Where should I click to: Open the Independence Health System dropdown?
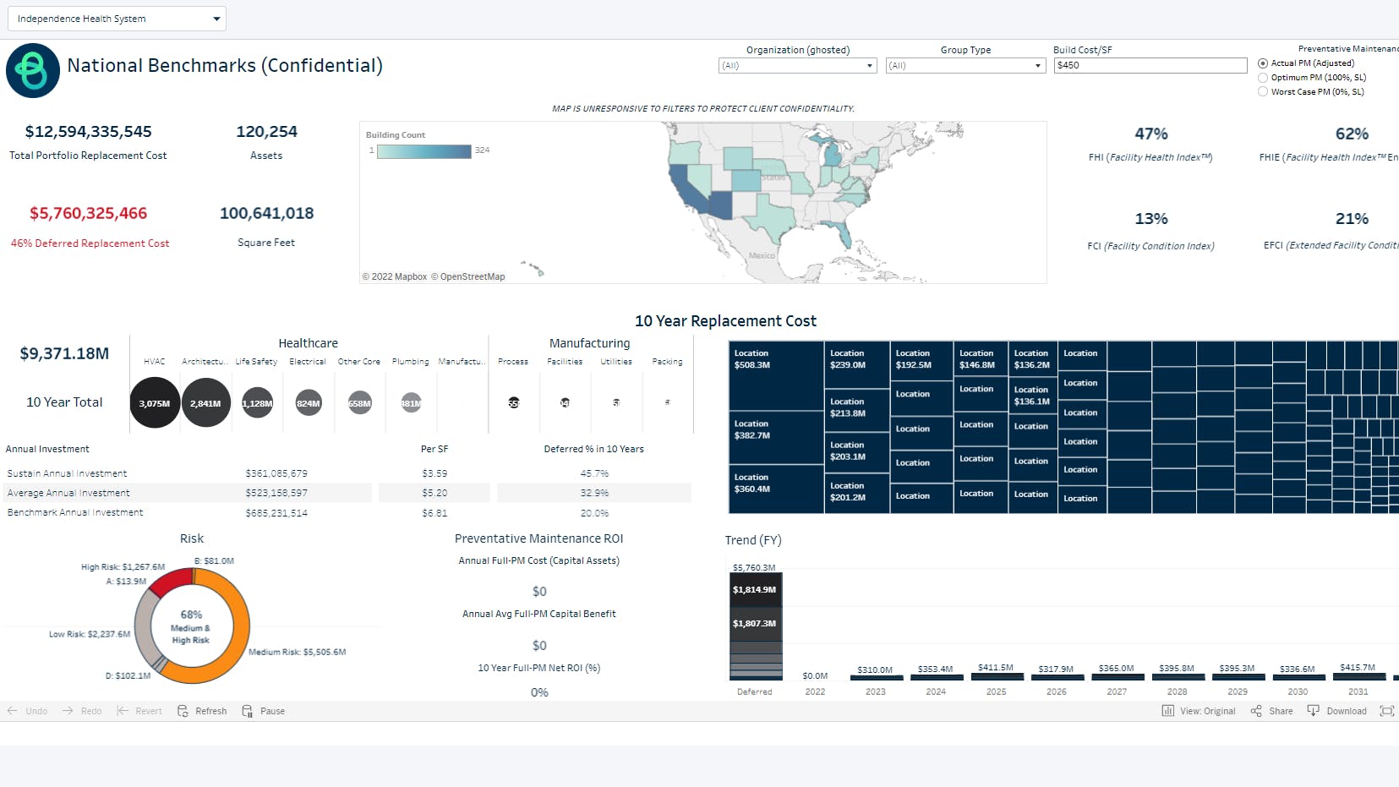click(x=117, y=19)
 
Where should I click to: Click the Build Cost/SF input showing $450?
click(x=1150, y=65)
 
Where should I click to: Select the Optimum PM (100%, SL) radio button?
click(x=1263, y=77)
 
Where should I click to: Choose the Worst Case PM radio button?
click(x=1263, y=91)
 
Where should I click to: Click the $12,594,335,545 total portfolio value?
click(x=89, y=132)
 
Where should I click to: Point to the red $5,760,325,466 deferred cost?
click(x=89, y=214)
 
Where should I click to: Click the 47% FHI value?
click(x=1150, y=134)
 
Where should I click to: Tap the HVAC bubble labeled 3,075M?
click(x=155, y=403)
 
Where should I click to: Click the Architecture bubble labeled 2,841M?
click(x=205, y=403)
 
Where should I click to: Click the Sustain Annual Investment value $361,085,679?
click(x=276, y=473)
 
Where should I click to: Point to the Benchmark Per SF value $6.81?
click(x=434, y=513)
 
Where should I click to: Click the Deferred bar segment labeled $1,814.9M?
click(x=755, y=590)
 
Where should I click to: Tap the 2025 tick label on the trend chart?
click(x=996, y=691)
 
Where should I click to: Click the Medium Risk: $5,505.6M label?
click(x=298, y=652)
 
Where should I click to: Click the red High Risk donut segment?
click(x=171, y=581)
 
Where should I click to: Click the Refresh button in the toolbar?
click(x=203, y=711)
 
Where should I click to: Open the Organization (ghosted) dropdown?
click(x=797, y=66)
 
